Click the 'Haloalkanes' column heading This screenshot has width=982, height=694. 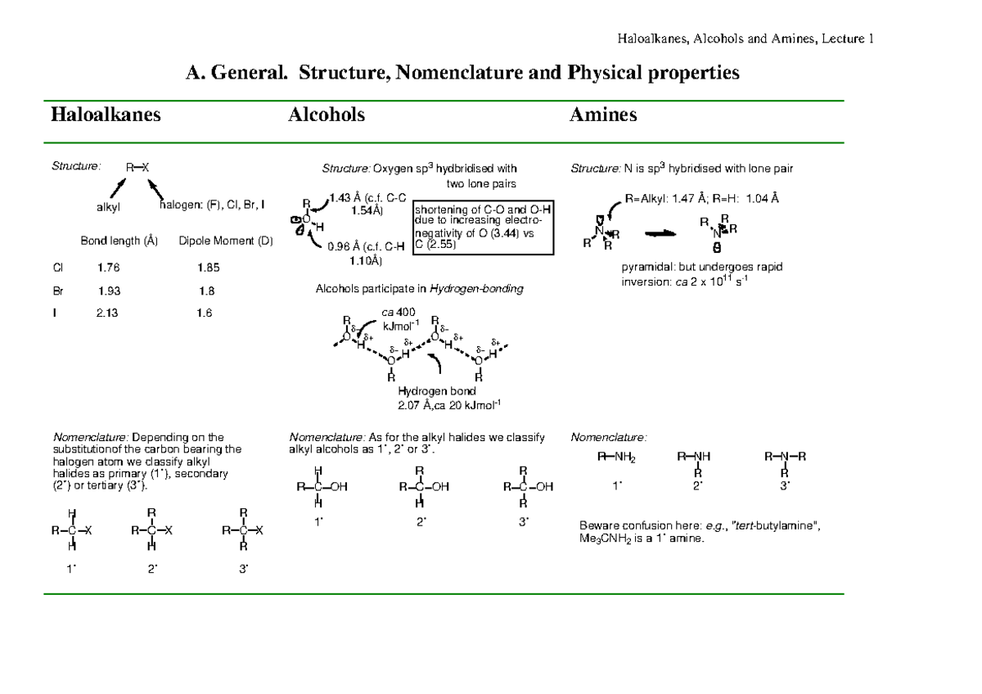click(x=106, y=115)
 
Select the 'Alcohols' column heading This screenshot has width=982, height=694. click(x=327, y=115)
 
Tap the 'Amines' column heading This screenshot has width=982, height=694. click(x=603, y=115)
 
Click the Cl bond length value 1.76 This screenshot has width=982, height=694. click(x=108, y=267)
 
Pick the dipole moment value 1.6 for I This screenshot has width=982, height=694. click(x=205, y=313)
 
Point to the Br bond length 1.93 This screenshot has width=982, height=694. click(x=109, y=291)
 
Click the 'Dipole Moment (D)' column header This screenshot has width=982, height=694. click(x=226, y=241)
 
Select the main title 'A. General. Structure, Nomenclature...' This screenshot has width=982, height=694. click(x=462, y=74)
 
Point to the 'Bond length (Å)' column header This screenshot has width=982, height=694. click(x=119, y=241)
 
